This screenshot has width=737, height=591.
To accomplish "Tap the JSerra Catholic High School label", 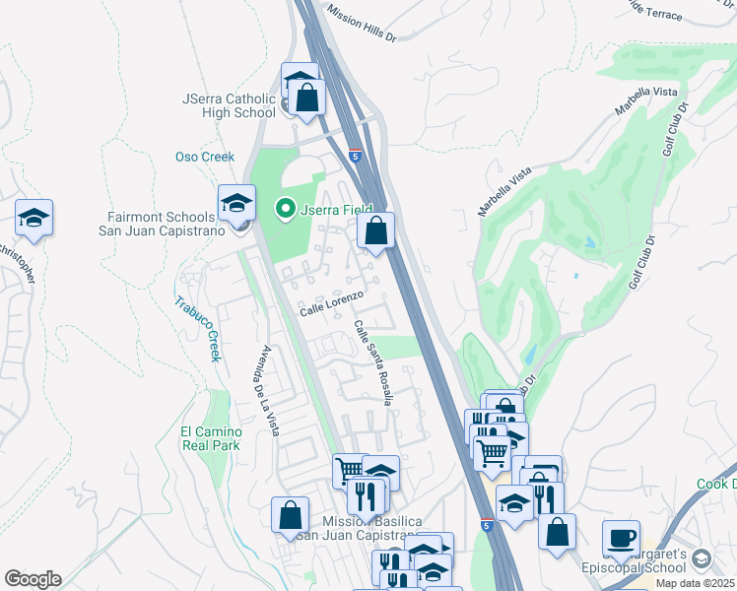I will (229, 105).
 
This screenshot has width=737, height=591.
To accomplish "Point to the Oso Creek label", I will (205, 157).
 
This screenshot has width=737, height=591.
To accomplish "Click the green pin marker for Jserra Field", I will (285, 208).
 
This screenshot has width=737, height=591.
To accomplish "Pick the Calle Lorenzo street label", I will (333, 302).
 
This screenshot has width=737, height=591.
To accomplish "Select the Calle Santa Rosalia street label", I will (374, 361).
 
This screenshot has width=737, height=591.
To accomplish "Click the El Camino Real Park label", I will (211, 438).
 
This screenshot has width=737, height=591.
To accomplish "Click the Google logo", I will (33, 579).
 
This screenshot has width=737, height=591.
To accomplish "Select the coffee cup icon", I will (621, 537).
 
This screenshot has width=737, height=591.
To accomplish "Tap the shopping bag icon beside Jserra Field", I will (375, 230).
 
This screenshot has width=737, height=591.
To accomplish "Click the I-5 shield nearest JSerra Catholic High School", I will (355, 154).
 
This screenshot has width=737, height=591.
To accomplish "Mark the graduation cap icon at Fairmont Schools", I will (236, 203).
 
